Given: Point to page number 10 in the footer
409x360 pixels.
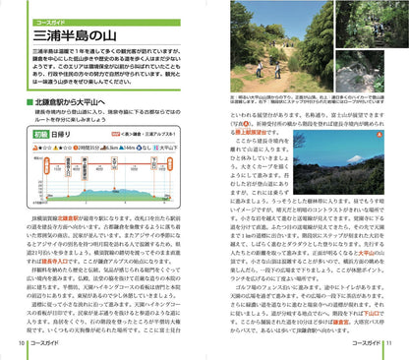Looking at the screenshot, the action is (21, 342).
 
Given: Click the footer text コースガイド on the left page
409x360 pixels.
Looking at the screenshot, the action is (44, 342).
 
